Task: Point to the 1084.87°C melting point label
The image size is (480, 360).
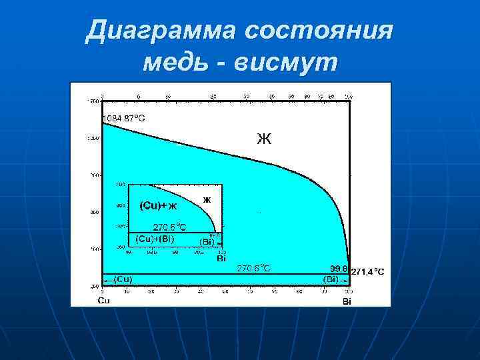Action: coord(124,118)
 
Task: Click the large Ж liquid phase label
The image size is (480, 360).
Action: coord(264,139)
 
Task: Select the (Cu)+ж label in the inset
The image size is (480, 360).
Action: coord(158,205)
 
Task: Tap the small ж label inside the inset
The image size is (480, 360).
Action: coord(207,199)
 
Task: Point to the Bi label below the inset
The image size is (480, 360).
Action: coord(221,257)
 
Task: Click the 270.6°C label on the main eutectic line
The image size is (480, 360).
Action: coord(255,269)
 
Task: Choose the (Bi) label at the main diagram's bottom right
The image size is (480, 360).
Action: coord(331,279)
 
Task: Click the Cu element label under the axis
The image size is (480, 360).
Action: coord(105,301)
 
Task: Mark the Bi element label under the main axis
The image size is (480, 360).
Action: coord(347,301)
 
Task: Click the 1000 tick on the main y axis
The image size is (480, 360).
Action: coord(92,138)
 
